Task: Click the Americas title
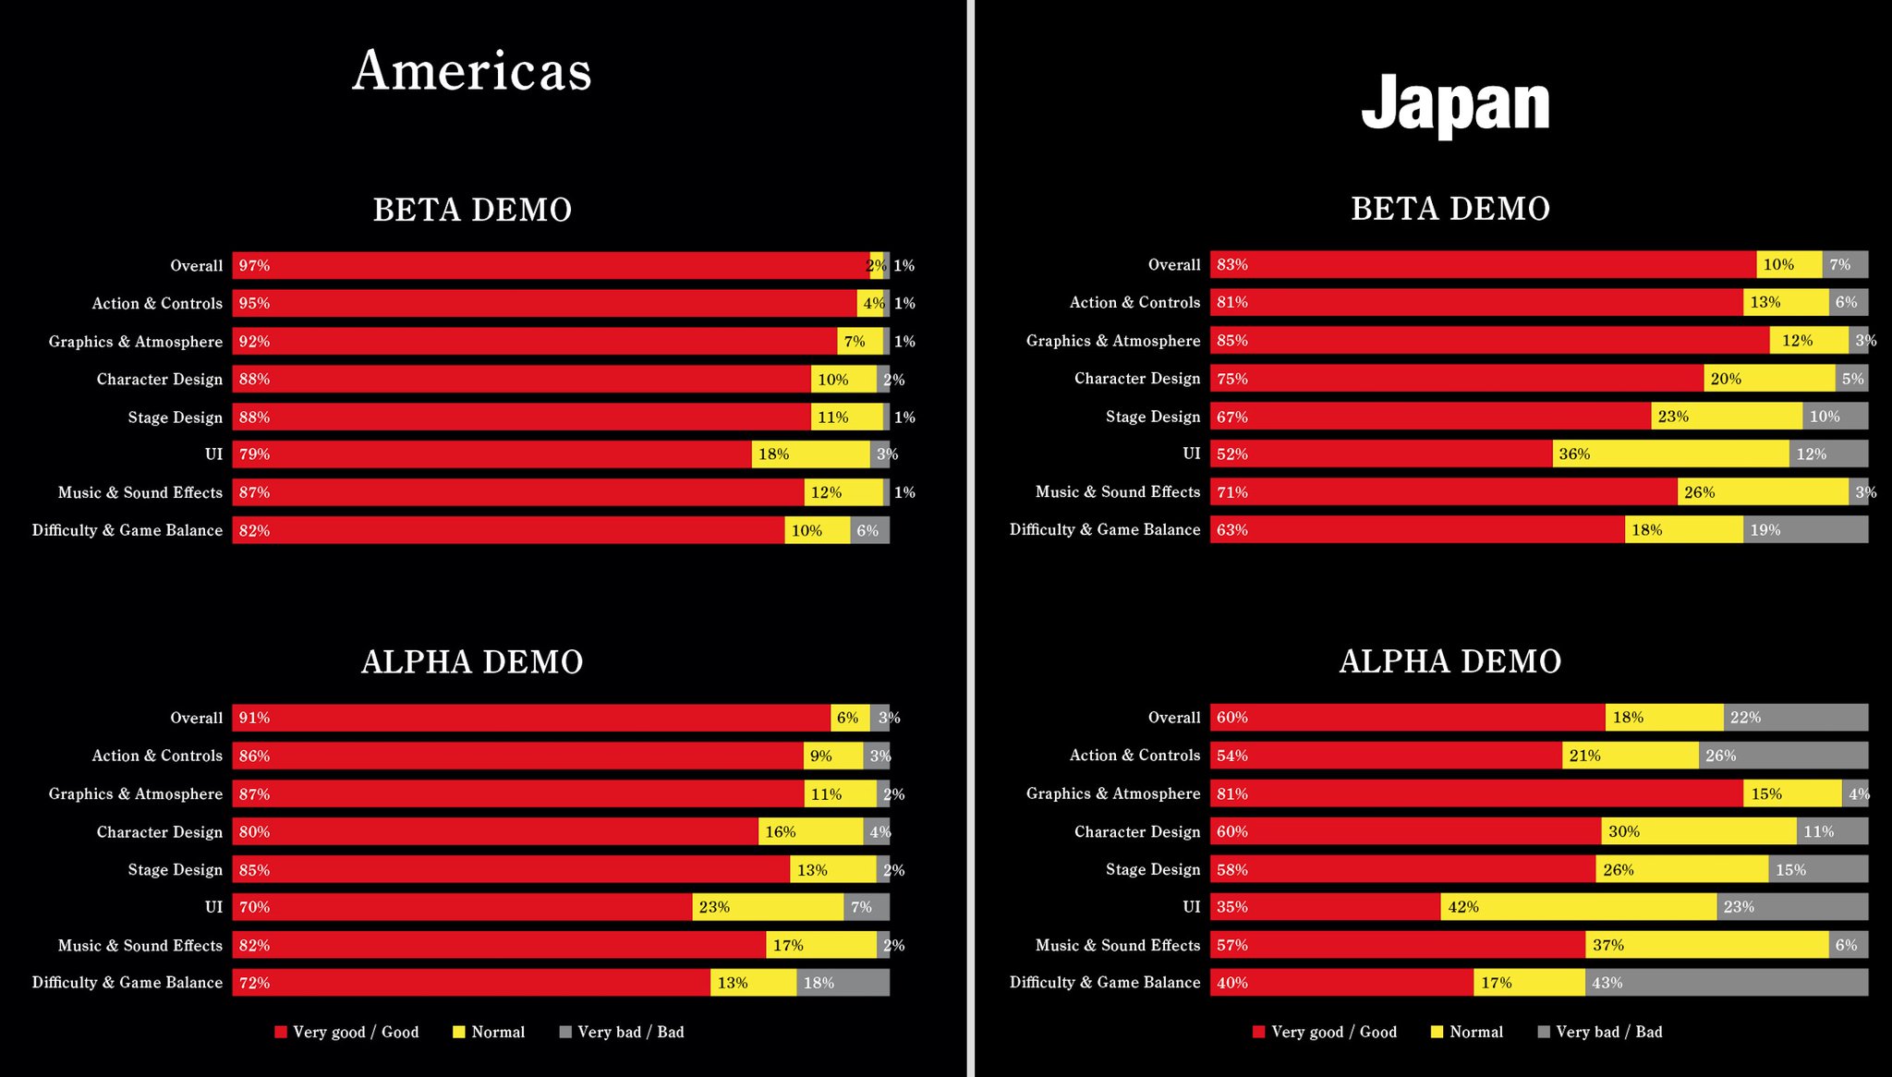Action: tap(471, 71)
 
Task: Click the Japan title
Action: tap(1455, 104)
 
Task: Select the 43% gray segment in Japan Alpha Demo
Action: tap(1726, 983)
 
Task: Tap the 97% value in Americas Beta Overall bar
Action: tap(254, 266)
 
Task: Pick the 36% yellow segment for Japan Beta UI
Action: tap(1670, 454)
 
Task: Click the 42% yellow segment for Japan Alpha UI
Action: tap(1578, 907)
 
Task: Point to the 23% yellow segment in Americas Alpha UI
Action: tap(767, 907)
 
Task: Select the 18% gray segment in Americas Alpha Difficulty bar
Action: tap(843, 983)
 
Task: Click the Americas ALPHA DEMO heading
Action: tap(471, 662)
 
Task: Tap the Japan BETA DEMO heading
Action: tap(1450, 209)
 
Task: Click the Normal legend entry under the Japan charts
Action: tap(1475, 1032)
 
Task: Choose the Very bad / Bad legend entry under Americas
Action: tap(630, 1032)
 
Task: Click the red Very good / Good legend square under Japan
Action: tap(1258, 1032)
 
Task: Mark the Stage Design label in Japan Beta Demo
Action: tap(1152, 417)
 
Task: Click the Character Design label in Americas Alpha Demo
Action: tap(159, 832)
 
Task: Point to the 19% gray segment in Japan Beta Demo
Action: tap(1805, 530)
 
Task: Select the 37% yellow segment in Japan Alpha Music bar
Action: tap(1706, 945)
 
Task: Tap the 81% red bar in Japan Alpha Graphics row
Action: tap(1476, 793)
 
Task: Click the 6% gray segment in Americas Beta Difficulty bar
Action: tap(869, 530)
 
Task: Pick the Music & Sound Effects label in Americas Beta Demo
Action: tap(139, 492)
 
